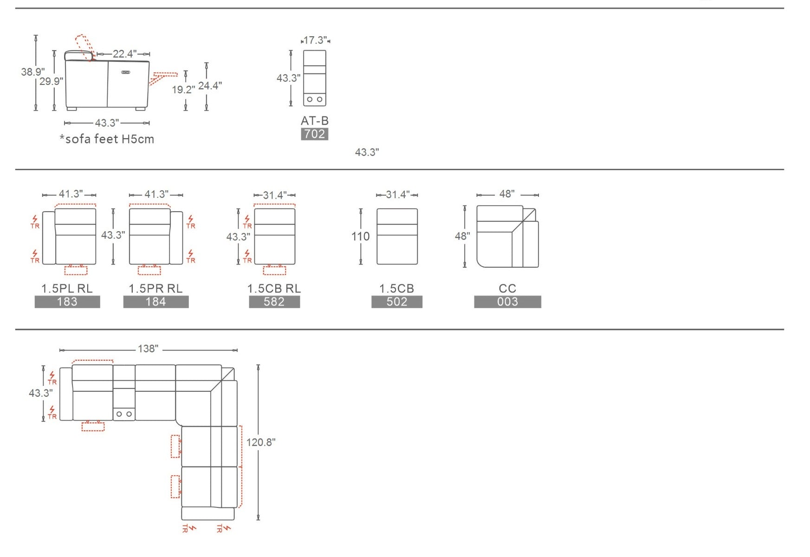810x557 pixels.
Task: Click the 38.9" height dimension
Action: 32,72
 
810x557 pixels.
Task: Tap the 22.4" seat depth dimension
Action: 124,54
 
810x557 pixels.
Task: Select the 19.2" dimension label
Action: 183,90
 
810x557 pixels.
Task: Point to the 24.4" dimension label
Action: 210,85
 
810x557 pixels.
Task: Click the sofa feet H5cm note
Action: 107,139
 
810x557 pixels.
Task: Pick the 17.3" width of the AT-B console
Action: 315,40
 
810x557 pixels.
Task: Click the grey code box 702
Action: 315,134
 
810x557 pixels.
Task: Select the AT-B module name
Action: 315,121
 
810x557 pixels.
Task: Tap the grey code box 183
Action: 67,302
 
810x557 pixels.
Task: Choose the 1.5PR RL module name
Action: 156,288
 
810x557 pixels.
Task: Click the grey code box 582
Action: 274,302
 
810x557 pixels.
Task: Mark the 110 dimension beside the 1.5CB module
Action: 360,237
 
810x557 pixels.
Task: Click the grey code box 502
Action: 397,302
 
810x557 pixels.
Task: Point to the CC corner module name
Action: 507,288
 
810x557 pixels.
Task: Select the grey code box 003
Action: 507,302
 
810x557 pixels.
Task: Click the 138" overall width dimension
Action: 148,349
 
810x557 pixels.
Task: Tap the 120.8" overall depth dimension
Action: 260,442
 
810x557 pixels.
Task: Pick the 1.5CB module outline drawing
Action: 397,237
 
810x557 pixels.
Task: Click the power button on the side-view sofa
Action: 126,72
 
